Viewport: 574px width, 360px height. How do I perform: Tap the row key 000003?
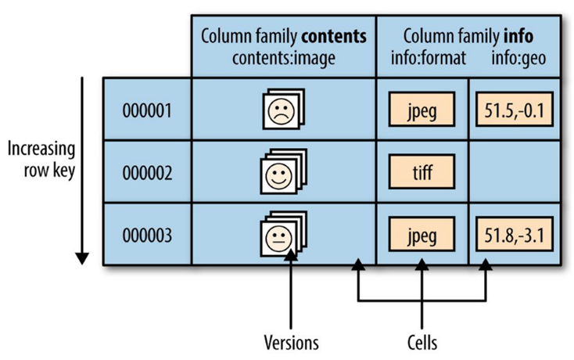[x=146, y=234]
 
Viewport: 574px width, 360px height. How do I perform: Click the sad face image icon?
[x=281, y=110]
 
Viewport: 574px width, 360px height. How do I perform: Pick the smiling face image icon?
[x=281, y=172]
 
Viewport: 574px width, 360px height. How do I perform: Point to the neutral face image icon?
[x=281, y=234]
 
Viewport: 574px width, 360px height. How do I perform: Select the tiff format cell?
[x=422, y=171]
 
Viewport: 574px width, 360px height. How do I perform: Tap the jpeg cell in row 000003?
[x=422, y=234]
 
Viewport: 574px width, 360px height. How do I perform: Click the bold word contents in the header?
[x=335, y=36]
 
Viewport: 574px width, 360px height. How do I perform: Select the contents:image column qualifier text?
[x=284, y=56]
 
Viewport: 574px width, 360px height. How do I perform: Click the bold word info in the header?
[x=519, y=36]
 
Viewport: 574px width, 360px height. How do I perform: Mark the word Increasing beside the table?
[x=41, y=149]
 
